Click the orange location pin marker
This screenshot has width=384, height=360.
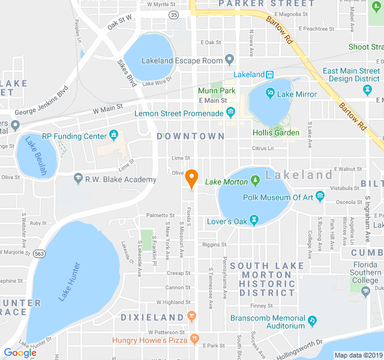[191, 178]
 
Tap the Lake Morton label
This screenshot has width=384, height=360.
[226, 182]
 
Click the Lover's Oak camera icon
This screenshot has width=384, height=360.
[255, 221]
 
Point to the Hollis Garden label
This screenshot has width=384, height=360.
[275, 133]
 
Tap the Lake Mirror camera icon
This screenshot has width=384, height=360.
[271, 94]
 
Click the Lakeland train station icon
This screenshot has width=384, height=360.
[271, 74]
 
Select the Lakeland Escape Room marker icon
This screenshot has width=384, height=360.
[229, 60]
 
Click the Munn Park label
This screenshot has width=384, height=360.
[217, 91]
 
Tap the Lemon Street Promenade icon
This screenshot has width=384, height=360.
[230, 112]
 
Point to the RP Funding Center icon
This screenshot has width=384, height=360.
[113, 136]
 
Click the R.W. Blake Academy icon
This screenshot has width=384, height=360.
[78, 179]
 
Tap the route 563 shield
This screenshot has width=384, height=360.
[39, 253]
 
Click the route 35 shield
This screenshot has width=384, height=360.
[173, 14]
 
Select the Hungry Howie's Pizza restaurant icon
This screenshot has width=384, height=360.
[194, 340]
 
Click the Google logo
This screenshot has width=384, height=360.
[20, 353]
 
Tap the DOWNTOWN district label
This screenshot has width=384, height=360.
[190, 137]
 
